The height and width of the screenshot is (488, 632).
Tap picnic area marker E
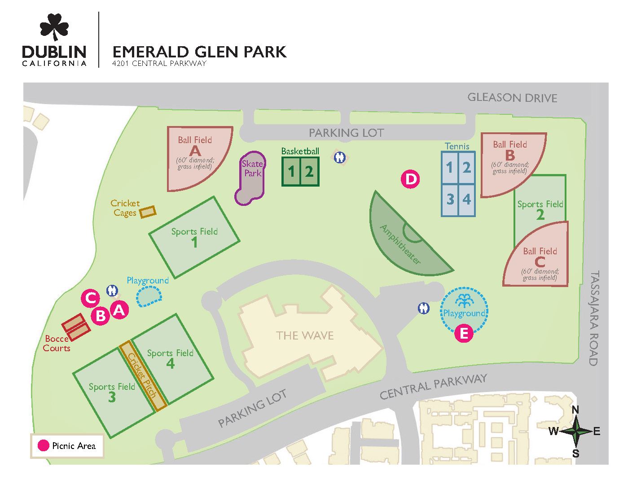[x=464, y=333]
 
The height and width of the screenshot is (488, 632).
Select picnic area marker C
[x=90, y=298]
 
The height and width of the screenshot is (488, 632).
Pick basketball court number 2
[x=309, y=171]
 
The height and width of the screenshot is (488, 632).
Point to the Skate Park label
[x=252, y=168]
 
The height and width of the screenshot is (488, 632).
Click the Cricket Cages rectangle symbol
[x=148, y=211]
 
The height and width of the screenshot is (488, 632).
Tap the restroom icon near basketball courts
[x=340, y=157]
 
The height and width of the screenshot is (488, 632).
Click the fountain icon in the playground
[x=464, y=300]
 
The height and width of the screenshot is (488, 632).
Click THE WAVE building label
[x=305, y=335]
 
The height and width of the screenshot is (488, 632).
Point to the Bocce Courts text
[x=57, y=343]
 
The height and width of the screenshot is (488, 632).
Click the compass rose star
[x=575, y=431]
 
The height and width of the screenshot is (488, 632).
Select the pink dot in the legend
[x=43, y=445]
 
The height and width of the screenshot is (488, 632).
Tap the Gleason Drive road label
[x=512, y=98]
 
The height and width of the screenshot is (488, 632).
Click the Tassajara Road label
[x=594, y=318]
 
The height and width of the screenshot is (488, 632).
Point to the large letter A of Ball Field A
[x=195, y=152]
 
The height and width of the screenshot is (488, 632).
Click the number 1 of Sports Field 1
[x=194, y=243]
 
